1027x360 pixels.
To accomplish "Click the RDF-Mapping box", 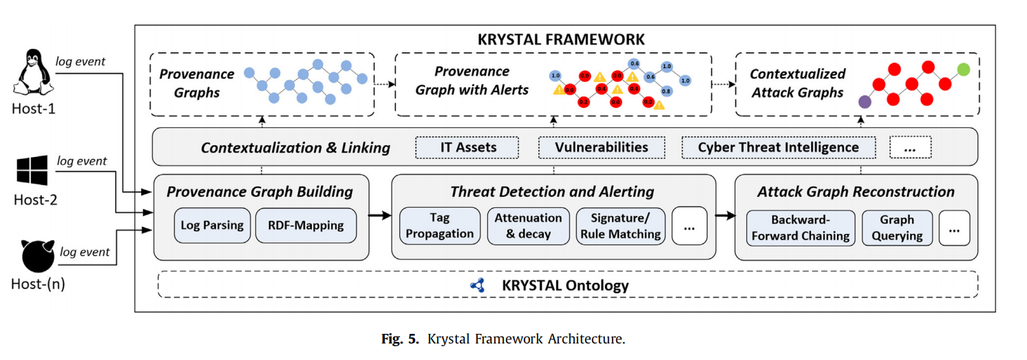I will [x=306, y=225].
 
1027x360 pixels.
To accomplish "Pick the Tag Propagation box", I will [x=439, y=226].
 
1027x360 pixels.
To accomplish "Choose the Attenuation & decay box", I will [x=528, y=226].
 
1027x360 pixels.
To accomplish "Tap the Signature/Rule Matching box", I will [x=620, y=226].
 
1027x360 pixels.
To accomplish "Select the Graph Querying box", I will [x=896, y=228].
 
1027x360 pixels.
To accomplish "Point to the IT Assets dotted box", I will [x=468, y=147].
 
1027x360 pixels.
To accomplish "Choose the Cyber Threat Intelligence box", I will [x=778, y=147].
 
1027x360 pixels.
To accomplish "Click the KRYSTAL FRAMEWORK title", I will [x=561, y=39].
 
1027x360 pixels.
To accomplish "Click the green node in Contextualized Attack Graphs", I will [x=964, y=70].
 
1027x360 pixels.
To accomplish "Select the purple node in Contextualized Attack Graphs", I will [x=865, y=103].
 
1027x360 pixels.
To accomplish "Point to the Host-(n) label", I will [x=39, y=283].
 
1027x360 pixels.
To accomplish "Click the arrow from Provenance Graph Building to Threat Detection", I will [x=380, y=216].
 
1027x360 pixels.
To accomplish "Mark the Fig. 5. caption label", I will [x=401, y=339].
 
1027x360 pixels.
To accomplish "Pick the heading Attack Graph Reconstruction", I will [x=856, y=192].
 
